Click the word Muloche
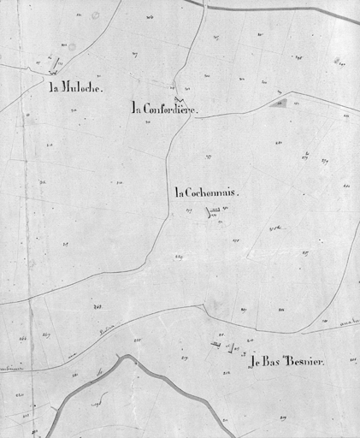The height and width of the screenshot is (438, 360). coord(81,87)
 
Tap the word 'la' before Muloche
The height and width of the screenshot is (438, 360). coord(55,87)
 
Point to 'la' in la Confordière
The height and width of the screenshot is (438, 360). coord(138,109)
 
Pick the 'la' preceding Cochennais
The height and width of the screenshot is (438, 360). coord(180,193)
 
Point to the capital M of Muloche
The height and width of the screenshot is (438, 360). coord(68,87)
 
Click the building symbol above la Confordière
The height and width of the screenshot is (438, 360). coord(177,86)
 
